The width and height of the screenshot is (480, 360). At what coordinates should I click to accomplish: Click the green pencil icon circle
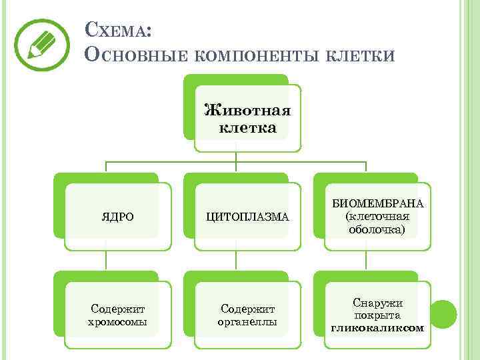(x=43, y=45)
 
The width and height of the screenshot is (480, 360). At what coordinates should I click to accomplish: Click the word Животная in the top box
(x=247, y=109)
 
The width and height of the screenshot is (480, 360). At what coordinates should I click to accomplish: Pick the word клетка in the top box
(x=247, y=127)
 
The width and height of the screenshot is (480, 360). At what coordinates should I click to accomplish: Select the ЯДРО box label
(x=117, y=217)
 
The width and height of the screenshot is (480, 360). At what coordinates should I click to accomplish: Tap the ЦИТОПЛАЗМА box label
(x=247, y=217)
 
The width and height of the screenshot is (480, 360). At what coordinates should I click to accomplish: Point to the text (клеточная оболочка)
(x=378, y=223)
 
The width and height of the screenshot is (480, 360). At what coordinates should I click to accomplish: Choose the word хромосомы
(x=117, y=322)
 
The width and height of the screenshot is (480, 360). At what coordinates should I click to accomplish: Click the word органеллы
(x=247, y=322)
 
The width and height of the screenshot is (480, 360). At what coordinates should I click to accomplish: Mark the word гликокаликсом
(x=377, y=328)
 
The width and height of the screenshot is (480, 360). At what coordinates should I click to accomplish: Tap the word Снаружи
(x=377, y=303)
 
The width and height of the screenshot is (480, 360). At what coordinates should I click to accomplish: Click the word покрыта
(x=377, y=315)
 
